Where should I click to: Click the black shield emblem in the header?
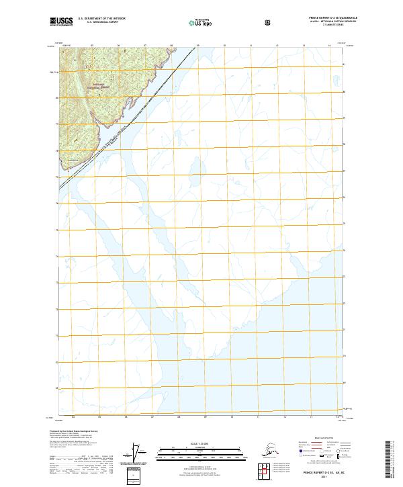(269, 23)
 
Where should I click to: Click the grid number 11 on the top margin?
(251, 46)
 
